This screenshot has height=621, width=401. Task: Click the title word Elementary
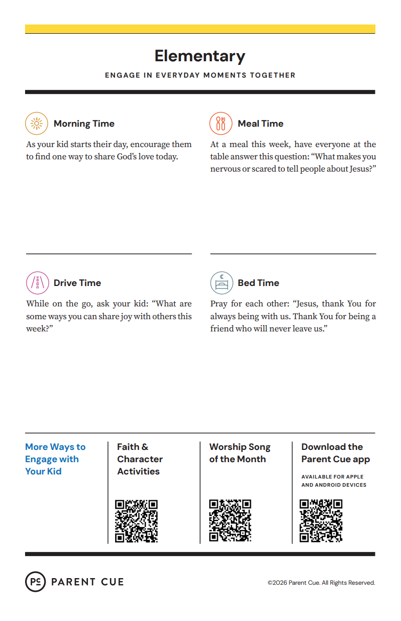pos(200,56)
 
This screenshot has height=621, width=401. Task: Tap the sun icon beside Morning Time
pos(36,123)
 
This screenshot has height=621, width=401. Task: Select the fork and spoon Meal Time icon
pos(220,123)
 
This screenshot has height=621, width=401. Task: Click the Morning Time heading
pos(84,124)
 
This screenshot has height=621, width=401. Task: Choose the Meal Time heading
pos(260,124)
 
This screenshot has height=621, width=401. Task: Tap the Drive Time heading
pos(77,283)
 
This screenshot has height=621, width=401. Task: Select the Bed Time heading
pos(258,283)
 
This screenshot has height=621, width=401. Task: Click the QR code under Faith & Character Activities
pos(136,521)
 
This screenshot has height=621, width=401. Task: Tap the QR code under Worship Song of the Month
pos(230,521)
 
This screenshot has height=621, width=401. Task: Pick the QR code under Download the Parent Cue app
pos(321,521)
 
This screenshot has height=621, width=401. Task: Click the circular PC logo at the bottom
pos(35,582)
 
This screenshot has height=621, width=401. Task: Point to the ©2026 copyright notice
pos(321,583)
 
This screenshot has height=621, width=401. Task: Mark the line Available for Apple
pos(332,476)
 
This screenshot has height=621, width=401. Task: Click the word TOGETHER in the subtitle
pos(272,75)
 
